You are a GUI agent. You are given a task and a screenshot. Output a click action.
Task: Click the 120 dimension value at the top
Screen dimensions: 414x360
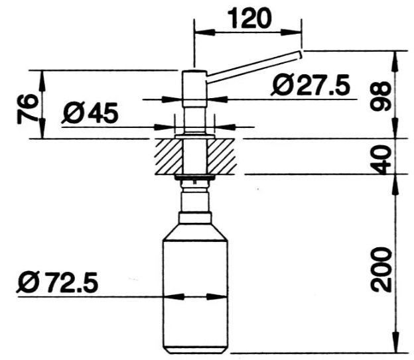(249, 18)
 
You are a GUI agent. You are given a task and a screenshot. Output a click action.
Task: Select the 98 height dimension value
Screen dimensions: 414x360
(380, 96)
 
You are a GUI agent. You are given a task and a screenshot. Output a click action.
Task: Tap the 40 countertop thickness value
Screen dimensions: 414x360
(380, 158)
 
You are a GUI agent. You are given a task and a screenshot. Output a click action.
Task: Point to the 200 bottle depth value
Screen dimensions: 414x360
(380, 269)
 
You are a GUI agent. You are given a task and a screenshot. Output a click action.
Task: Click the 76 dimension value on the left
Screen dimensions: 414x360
(27, 109)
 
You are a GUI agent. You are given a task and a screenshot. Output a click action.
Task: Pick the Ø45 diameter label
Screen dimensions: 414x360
(90, 113)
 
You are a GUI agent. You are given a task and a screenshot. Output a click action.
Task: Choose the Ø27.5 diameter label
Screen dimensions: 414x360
(310, 85)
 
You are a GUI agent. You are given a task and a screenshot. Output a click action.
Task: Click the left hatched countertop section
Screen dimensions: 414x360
(169, 156)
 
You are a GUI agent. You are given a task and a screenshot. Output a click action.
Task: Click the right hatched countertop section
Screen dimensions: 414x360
(221, 156)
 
